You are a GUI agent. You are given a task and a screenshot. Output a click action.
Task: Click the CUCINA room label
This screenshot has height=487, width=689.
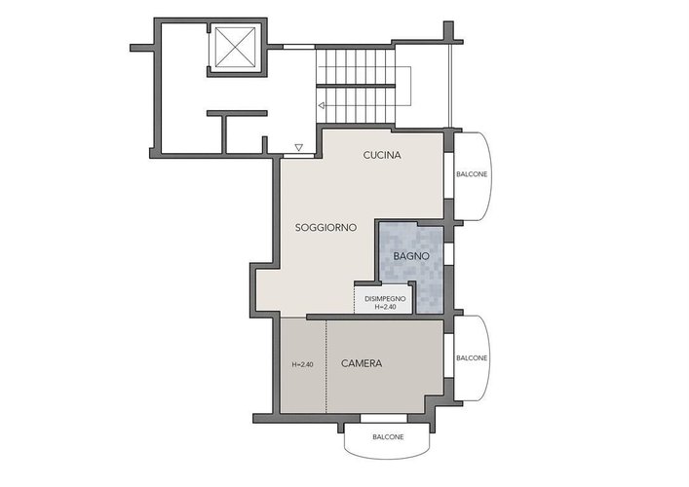tap(382, 155)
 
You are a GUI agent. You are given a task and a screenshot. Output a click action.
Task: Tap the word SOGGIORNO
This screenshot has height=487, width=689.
tap(325, 228)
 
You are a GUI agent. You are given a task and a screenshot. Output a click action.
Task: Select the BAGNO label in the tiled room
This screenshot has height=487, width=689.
tap(411, 256)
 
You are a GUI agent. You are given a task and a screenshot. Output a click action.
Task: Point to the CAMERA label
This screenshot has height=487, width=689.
tap(362, 363)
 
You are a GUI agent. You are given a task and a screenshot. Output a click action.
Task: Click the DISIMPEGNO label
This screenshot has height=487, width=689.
tap(385, 299)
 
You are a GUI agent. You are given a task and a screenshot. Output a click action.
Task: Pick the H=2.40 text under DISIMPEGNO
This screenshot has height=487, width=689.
tap(385, 307)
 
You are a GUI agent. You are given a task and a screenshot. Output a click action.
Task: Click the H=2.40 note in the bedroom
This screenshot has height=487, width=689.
tap(303, 364)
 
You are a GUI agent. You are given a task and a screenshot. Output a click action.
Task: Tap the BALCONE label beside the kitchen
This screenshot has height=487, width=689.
tap(472, 174)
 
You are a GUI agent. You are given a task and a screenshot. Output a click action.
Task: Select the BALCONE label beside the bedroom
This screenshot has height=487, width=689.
tap(472, 357)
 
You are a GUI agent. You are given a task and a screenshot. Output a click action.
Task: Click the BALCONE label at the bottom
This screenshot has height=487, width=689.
tap(388, 437)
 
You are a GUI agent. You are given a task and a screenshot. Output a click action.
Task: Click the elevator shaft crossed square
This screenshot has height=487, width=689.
tap(236, 47)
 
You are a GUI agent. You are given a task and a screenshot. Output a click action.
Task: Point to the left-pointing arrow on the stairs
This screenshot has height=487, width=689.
tap(322, 106)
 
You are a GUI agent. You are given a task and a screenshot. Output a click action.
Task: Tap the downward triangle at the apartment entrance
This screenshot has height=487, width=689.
tap(299, 147)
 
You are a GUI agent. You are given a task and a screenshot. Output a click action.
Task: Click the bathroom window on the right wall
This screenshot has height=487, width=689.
tap(448, 254)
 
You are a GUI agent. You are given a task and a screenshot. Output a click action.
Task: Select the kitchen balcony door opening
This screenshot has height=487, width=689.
tap(448, 175)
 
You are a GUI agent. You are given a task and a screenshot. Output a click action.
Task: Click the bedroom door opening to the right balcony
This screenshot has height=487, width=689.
tap(448, 356)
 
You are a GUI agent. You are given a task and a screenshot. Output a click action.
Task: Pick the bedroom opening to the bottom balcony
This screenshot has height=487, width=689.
tap(381, 418)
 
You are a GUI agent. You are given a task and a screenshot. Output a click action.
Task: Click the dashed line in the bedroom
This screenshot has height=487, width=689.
tap(326, 366)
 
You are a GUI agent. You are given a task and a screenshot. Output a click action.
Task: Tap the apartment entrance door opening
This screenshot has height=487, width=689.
tap(299, 156)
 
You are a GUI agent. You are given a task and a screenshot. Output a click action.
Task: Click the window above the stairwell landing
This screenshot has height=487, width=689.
tap(299, 47)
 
